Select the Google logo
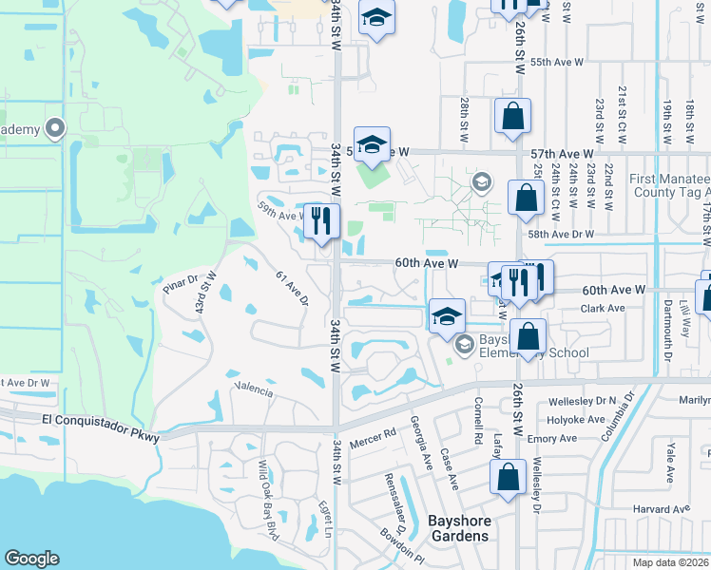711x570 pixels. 32,559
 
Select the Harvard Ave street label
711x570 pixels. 663,509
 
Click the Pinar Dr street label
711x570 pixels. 178,283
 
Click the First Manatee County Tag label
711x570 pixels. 669,186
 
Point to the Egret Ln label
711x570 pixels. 324,518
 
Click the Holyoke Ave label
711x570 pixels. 576,419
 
